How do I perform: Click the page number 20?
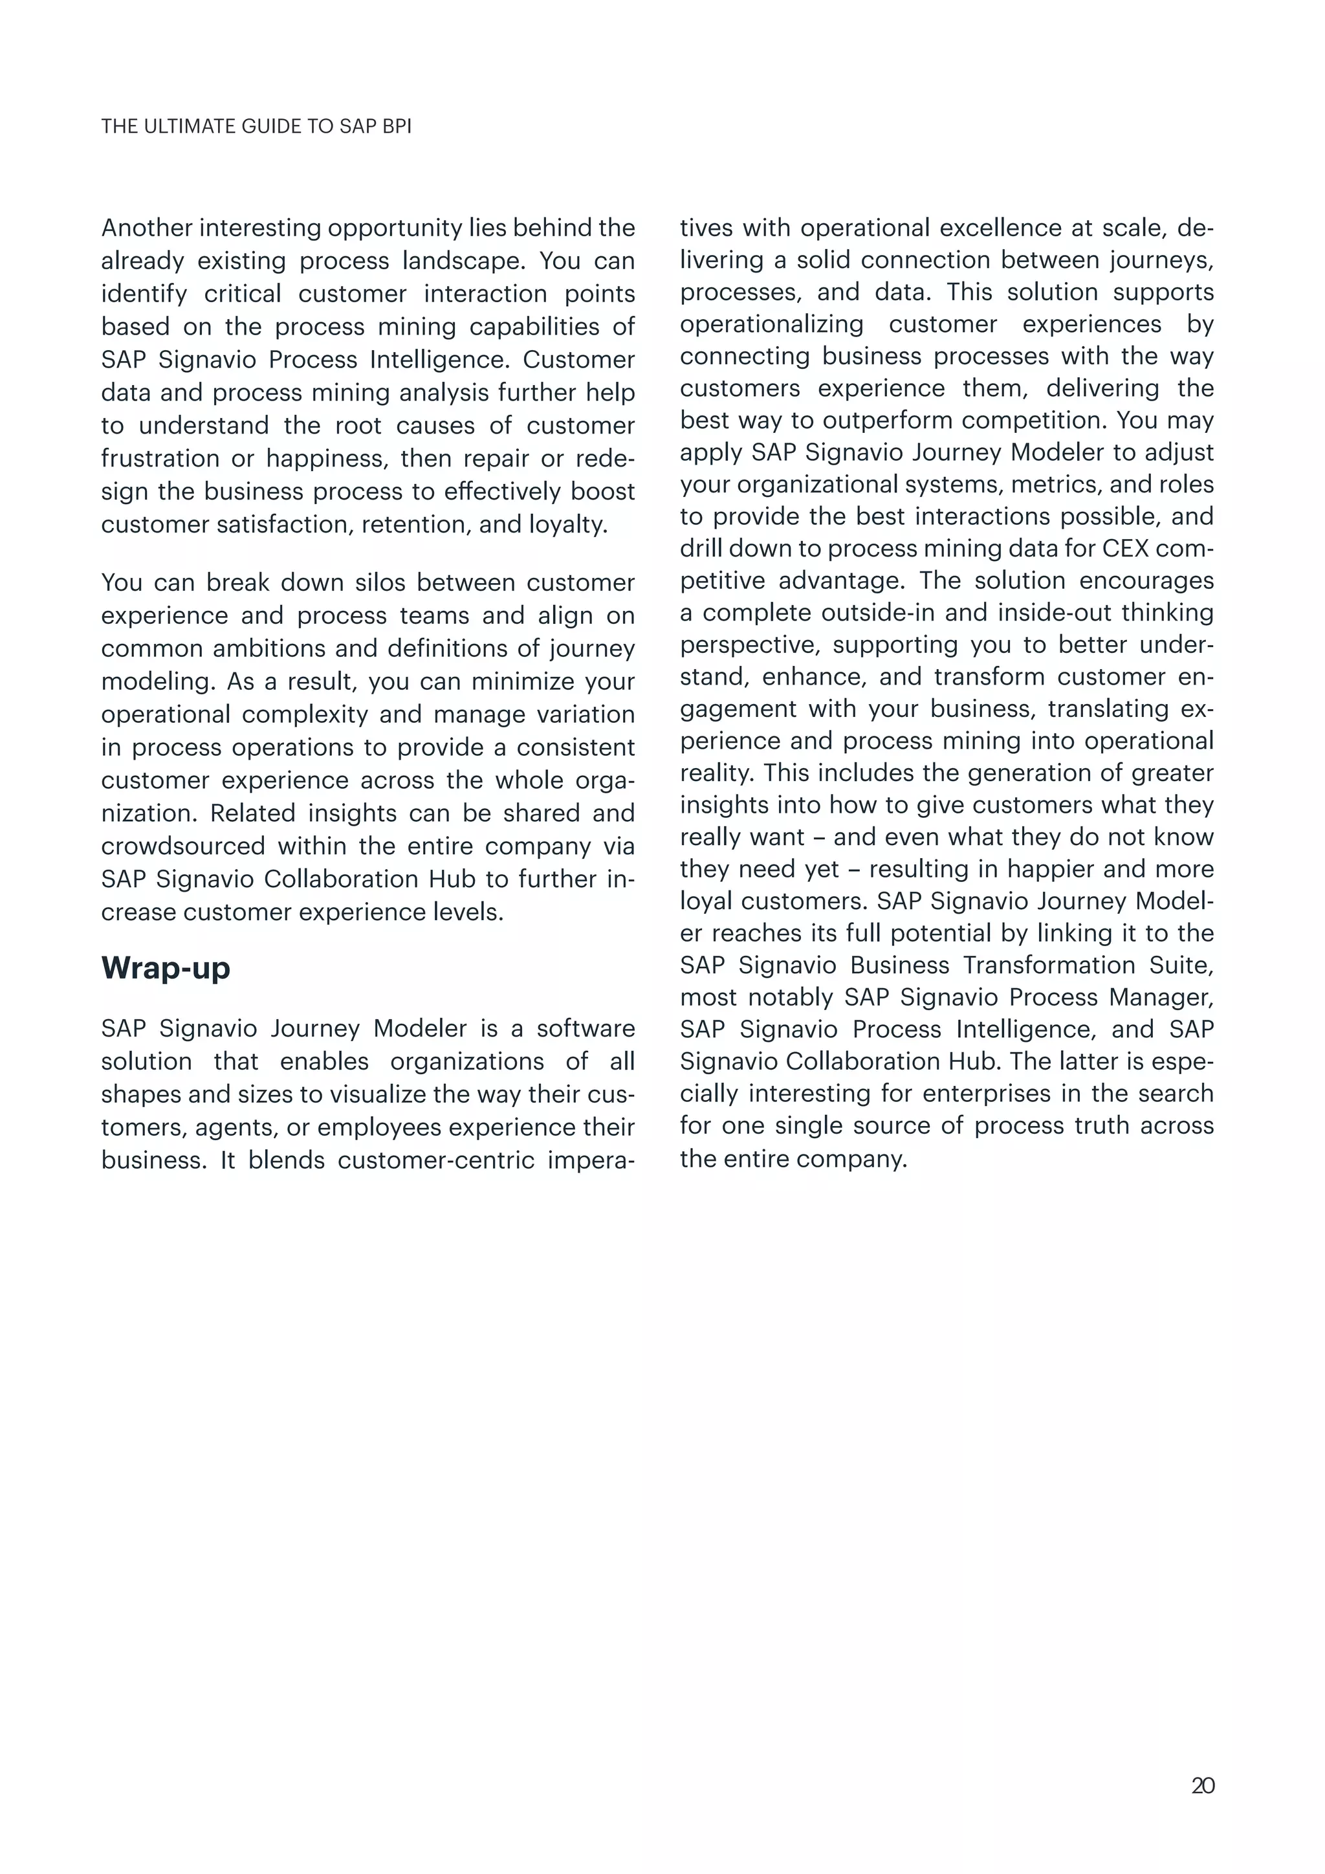coord(1203,1786)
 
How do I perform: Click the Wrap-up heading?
coord(166,968)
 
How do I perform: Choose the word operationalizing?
coord(771,324)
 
